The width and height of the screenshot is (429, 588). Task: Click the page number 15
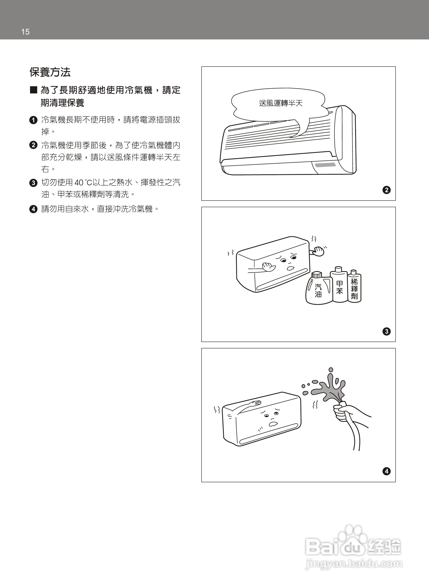click(25, 32)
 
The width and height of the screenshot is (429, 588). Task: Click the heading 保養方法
click(50, 72)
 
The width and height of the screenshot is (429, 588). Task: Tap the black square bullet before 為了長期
click(33, 90)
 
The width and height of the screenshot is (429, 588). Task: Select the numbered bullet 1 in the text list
click(33, 120)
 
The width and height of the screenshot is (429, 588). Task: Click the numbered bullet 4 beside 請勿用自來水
click(33, 209)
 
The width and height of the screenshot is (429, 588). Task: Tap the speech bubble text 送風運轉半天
click(281, 103)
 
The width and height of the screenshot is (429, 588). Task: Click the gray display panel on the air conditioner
click(325, 165)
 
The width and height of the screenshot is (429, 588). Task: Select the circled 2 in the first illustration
click(386, 190)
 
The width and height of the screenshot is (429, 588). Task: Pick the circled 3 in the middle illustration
click(386, 331)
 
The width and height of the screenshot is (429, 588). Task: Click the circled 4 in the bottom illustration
click(386, 471)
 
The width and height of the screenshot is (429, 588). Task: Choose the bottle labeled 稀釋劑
click(354, 288)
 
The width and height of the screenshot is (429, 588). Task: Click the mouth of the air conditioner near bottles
click(290, 268)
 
